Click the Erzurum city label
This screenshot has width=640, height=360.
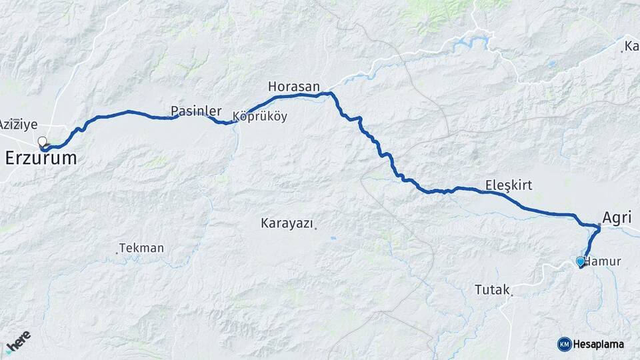pos(41,159)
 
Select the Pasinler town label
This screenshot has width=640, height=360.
pos(195,111)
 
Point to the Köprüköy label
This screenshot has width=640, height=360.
pos(261,117)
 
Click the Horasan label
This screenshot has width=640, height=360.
pos(294,87)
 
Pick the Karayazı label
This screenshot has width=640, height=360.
pos(287,224)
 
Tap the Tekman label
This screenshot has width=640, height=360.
pos(142,248)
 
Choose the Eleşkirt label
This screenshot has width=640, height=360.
pos(509,185)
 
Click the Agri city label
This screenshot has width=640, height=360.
pos(616,217)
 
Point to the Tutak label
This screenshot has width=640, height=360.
pos(491,290)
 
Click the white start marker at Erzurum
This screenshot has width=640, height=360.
pos(43,141)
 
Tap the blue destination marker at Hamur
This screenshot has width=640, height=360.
pos(581,261)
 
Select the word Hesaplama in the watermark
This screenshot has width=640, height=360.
pos(599,344)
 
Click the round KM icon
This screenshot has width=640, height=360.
pos(564,344)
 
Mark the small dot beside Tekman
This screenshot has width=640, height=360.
pos(118,252)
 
